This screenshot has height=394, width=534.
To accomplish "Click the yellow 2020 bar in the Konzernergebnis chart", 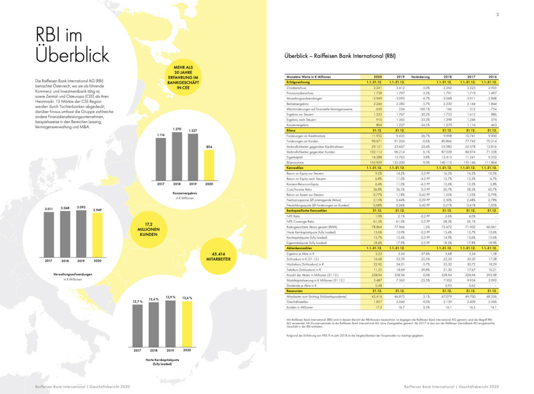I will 209,165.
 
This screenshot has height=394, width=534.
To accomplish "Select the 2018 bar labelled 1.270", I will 177,156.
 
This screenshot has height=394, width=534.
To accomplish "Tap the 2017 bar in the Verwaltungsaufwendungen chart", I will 49,234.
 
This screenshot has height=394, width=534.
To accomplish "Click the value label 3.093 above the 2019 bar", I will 81,207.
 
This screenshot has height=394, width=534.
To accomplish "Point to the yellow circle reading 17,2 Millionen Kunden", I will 148,229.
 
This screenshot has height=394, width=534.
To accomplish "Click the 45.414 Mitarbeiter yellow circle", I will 218,256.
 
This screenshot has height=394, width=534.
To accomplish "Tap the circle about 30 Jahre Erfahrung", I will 183,77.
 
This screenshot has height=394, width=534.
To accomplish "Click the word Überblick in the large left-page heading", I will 72,54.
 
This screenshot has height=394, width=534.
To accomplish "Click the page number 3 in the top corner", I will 497,15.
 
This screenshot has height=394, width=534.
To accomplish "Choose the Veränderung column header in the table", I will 420,77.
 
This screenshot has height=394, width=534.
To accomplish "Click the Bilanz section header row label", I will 291,131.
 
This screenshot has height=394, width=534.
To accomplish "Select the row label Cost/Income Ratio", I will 299,189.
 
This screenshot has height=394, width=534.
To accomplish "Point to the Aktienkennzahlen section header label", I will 299,248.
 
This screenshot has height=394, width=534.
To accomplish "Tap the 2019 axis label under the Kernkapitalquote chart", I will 170,350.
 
